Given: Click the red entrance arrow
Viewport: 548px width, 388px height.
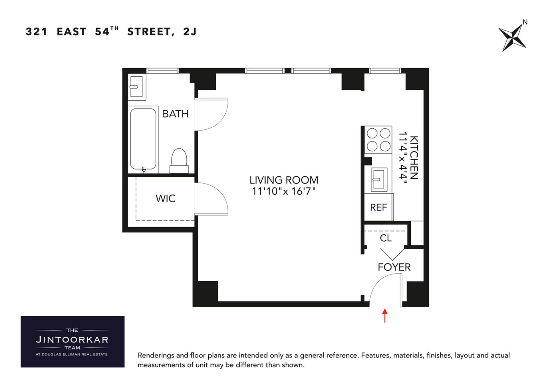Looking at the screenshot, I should pos(385,315).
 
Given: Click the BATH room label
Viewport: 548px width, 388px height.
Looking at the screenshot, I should pos(175,114).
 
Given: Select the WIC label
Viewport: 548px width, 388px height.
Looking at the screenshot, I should pos(166,198).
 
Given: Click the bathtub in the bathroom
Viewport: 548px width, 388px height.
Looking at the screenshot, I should pos(143,139).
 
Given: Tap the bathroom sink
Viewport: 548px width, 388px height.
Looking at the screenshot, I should pos(136,87).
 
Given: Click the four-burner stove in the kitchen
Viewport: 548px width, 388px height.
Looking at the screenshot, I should pos(378,140).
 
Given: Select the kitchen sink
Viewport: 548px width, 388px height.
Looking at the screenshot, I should pos(379,180).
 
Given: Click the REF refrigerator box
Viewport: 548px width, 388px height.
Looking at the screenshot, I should pos(378,207).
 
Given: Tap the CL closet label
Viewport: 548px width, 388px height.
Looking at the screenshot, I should pos(386,238).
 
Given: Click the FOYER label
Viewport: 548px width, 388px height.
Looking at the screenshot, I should pos(394,267).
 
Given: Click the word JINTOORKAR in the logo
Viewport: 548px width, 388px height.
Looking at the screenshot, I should pos(72,340).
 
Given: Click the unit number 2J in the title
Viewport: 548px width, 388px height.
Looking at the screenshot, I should pos(190,31).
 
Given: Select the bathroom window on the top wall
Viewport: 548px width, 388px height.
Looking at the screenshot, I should pos(162,71).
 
